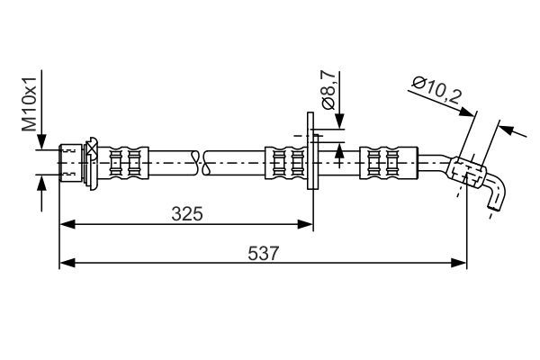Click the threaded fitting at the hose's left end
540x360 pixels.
pos(70,162)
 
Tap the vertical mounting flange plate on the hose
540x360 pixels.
pos(312,150)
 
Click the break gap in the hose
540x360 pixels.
pos(201,162)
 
